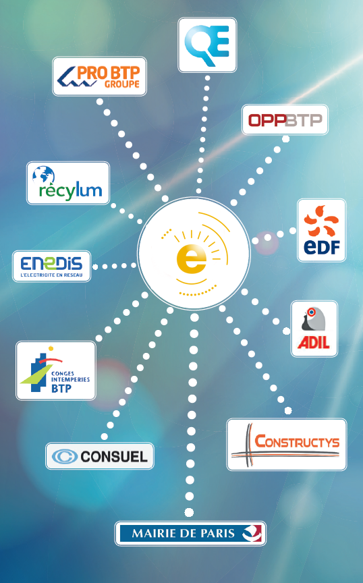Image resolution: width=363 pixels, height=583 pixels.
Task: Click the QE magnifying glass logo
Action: tap(206, 45)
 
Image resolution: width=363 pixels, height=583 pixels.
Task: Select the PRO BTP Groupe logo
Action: tap(99, 76)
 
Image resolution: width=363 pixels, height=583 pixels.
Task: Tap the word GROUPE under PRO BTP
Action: tap(121, 84)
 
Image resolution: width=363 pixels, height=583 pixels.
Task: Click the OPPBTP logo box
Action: tap(285, 119)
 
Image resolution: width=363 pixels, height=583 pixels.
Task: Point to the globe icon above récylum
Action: tap(43, 175)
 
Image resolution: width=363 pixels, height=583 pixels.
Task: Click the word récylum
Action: tap(70, 192)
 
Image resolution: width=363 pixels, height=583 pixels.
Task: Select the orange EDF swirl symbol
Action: tap(321, 221)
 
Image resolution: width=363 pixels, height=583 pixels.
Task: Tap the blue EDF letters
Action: tap(322, 246)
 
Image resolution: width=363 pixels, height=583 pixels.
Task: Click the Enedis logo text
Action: tap(51, 263)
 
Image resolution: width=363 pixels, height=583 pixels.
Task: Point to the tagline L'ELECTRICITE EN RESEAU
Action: tap(51, 275)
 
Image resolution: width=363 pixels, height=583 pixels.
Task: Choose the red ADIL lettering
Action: tap(314, 342)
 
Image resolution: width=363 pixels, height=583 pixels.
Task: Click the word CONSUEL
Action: tap(114, 456)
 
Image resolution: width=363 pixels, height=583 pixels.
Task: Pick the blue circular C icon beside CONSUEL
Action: tap(65, 456)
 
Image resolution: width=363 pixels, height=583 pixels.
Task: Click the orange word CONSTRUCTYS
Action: tap(297, 441)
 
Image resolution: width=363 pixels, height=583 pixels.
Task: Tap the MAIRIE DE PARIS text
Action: tap(184, 534)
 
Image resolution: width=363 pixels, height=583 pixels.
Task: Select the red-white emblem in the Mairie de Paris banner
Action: tap(252, 534)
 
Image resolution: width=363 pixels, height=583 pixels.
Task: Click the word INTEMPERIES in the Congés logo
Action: tap(70, 380)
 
